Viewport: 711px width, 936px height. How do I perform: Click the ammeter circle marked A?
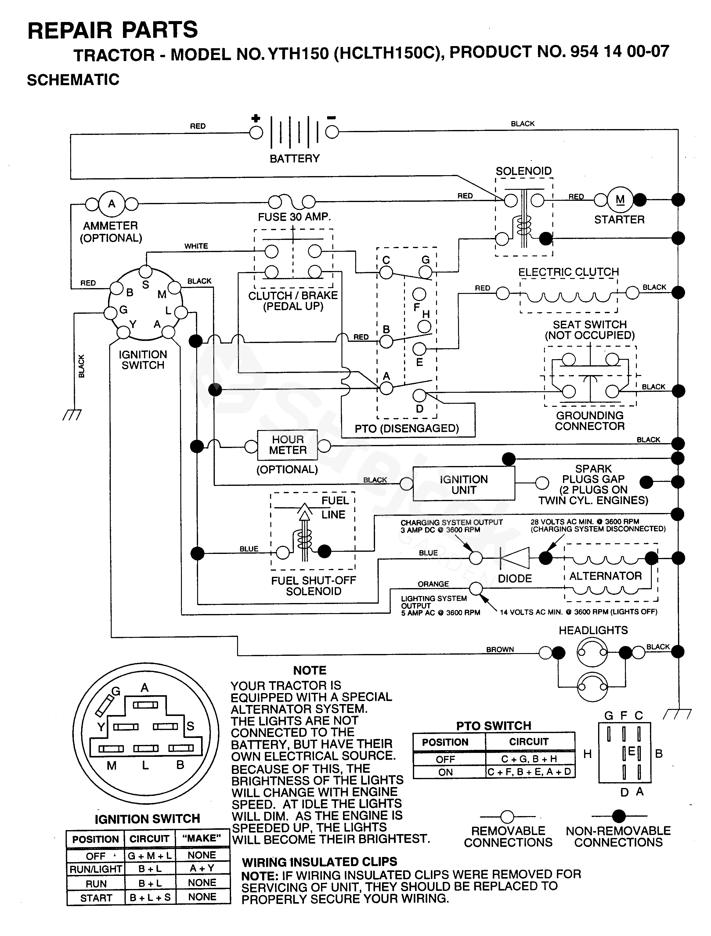click(112, 204)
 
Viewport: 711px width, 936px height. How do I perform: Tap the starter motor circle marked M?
click(620, 200)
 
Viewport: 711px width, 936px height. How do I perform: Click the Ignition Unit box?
click(464, 485)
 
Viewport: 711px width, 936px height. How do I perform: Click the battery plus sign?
click(256, 118)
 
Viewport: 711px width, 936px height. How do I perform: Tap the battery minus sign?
click(331, 117)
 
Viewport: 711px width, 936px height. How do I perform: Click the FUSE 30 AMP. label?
click(294, 217)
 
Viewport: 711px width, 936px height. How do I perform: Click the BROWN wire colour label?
click(500, 649)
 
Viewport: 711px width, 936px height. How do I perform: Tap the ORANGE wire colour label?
click(433, 584)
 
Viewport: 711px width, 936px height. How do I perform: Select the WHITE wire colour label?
click(196, 246)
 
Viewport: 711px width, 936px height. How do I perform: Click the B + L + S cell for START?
click(150, 898)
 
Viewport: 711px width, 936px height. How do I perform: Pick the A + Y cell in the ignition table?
click(202, 868)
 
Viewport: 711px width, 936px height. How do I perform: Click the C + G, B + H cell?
click(529, 759)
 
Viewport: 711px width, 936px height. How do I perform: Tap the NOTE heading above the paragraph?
click(310, 670)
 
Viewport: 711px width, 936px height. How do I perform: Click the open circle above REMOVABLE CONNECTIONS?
click(507, 816)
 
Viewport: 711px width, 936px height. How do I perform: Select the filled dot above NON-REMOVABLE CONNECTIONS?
click(619, 815)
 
